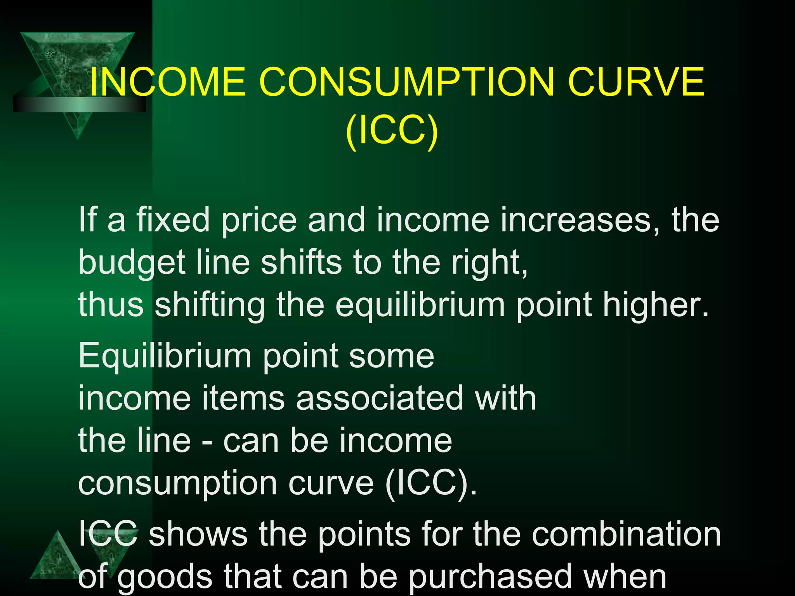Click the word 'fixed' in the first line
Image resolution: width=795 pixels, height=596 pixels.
tap(173, 220)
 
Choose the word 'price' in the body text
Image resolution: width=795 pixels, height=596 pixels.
tap(259, 220)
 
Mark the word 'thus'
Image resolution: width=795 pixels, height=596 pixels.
tap(111, 305)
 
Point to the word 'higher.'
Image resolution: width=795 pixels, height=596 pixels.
tap(656, 305)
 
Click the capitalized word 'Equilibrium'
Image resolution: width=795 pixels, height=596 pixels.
tap(165, 357)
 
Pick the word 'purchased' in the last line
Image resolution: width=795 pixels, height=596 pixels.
tap(491, 577)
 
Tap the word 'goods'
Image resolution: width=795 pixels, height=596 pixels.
tap(165, 577)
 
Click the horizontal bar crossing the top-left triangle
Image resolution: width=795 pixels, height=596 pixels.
tap(80, 104)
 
